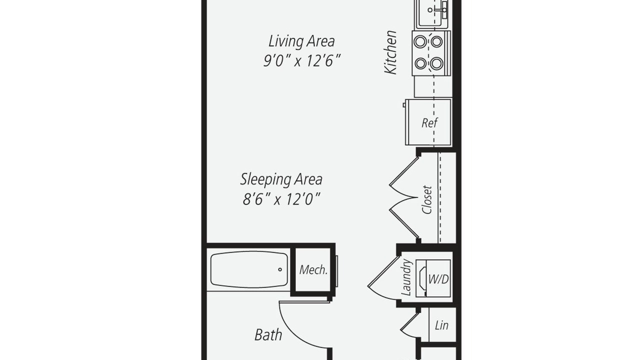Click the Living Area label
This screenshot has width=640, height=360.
pos(301,41)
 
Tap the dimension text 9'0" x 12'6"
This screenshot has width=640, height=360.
pos(301,61)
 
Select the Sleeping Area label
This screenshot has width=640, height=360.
pos(281,179)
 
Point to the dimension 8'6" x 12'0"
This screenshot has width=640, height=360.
pos(281,199)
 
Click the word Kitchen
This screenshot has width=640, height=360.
pos(390,52)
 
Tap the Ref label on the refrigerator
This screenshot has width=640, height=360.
pos(429,123)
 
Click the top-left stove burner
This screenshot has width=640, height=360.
pos(420,41)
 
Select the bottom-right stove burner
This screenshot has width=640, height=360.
pos(436,63)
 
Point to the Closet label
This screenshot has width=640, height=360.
pos(427,199)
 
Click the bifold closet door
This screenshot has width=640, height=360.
pos(404,197)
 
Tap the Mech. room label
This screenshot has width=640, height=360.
pos(313,269)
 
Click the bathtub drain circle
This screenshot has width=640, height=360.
pos(280,269)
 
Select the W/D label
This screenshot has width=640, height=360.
pos(438,279)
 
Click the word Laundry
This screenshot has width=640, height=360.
pos(406,277)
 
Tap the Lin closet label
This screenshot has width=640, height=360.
pos(441,325)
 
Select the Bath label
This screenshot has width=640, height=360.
pos(268,335)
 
